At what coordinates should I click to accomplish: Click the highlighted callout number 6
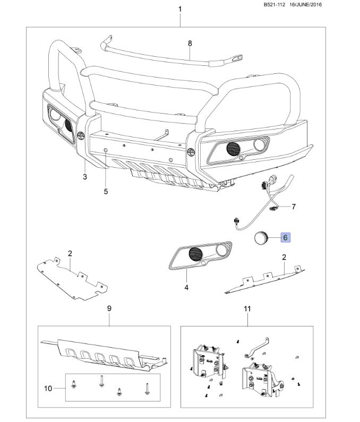285,237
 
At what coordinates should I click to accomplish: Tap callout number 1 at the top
180,10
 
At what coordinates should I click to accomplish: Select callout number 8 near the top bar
190,42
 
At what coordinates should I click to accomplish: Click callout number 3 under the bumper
85,177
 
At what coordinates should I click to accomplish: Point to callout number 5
106,191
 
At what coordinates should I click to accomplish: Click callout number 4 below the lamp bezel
186,287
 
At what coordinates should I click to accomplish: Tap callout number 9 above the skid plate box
109,308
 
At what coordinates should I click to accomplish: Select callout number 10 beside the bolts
48,389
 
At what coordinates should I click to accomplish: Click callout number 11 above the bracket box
247,308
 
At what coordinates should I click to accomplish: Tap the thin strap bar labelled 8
159,53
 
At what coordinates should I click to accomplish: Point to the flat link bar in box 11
260,347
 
